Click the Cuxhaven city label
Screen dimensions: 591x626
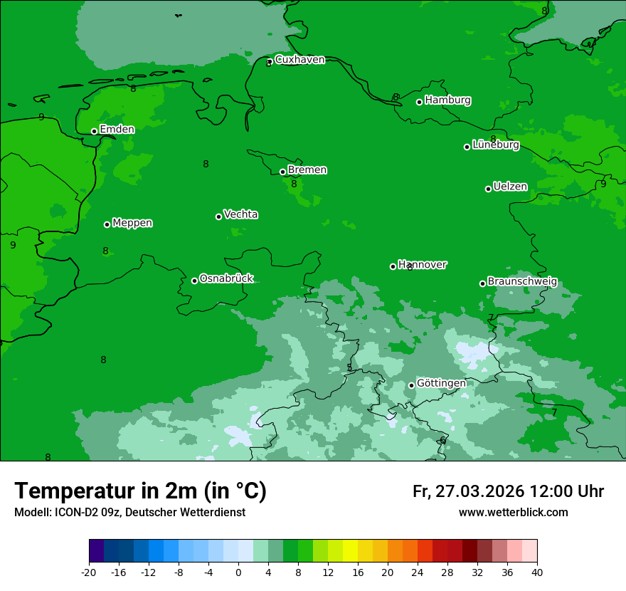(x=299, y=60)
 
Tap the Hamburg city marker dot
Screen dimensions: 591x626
(x=420, y=102)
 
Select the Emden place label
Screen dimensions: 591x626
(x=117, y=130)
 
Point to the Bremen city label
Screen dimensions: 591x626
(x=307, y=170)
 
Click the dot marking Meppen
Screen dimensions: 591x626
(x=107, y=224)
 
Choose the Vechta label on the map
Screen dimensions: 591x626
(x=240, y=214)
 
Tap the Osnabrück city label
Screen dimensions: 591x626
(x=226, y=278)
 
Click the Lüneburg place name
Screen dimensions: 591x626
(x=495, y=145)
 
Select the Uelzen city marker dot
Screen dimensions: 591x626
(x=489, y=189)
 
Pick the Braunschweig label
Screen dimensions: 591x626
(x=522, y=282)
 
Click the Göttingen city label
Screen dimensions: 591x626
(x=441, y=383)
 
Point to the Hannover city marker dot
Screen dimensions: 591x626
(x=393, y=266)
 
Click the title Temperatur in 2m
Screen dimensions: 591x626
(x=140, y=491)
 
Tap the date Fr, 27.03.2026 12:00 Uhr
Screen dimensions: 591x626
(x=508, y=491)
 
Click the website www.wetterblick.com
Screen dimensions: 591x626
(x=513, y=513)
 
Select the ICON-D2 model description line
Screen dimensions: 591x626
(x=129, y=513)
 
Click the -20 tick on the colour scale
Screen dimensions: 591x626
(x=89, y=572)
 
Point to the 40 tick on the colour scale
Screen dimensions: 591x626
(x=537, y=572)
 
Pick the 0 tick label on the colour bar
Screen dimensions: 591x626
(x=238, y=572)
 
